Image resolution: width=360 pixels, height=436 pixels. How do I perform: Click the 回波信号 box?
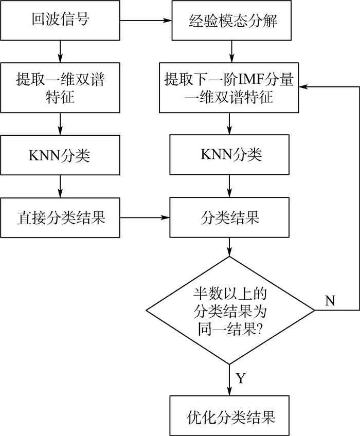point(60,21)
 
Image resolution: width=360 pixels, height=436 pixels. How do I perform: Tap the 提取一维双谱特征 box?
point(60,88)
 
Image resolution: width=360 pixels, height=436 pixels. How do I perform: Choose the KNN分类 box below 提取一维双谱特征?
point(60,155)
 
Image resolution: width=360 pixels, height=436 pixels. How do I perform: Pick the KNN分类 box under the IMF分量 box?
point(229,155)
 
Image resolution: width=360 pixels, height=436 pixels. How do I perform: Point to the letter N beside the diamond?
point(330,301)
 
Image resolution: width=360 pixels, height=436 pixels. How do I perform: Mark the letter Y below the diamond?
point(241,379)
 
